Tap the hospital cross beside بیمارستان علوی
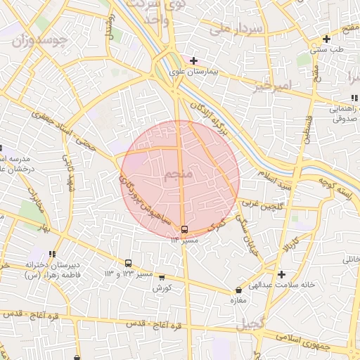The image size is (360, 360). tap(193, 61)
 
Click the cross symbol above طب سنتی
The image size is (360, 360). tap(326, 39)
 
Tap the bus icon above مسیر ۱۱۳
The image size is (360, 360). tap(184, 229)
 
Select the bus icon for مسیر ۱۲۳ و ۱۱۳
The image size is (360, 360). tap(128, 263)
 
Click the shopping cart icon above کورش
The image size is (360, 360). tap(162, 278)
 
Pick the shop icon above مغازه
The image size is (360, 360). tap(238, 290)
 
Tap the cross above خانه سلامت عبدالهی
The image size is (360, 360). tap(282, 274)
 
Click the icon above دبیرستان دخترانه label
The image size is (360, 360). tap(51, 254)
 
